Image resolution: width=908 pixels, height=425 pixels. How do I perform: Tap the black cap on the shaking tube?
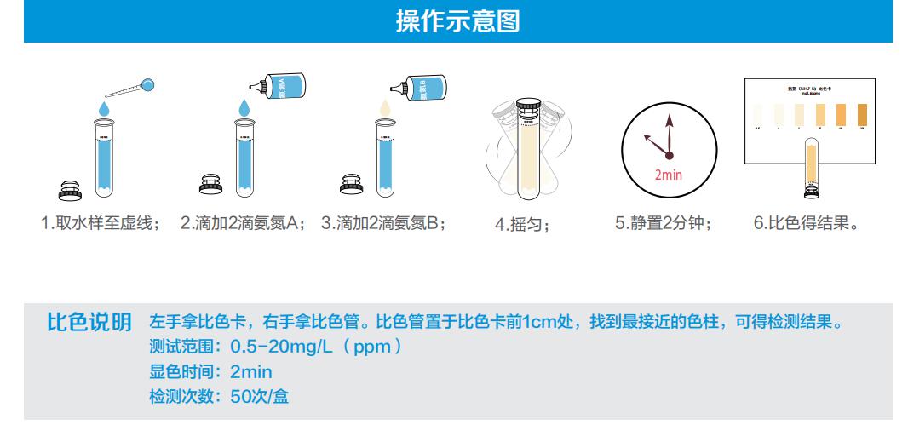click(x=531, y=107)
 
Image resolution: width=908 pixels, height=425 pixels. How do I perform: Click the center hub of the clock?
click(x=669, y=154)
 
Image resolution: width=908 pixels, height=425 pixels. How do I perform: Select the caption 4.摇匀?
click(x=523, y=225)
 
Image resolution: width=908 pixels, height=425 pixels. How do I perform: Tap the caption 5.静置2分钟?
click(x=664, y=224)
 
